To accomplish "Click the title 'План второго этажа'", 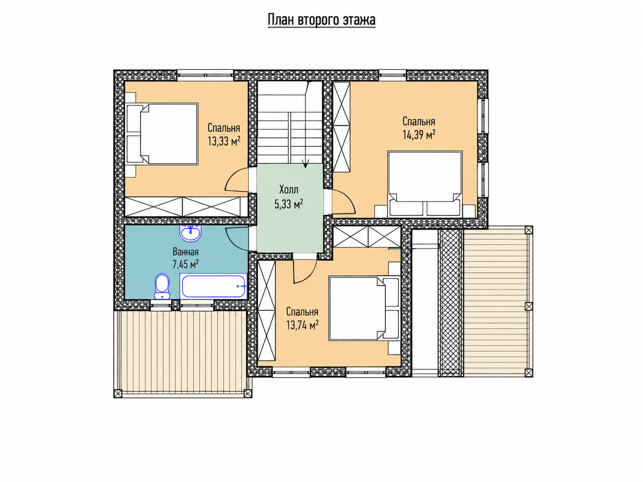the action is tap(321, 20).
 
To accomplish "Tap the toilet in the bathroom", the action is tap(162, 286).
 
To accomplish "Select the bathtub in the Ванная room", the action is tap(214, 286).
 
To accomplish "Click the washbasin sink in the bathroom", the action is tap(191, 234).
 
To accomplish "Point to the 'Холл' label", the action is tap(289, 190).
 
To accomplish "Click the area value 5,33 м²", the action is tap(289, 204).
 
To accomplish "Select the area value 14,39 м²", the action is tap(419, 134).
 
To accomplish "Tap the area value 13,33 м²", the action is tap(224, 141).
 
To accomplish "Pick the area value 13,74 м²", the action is tap(302, 325).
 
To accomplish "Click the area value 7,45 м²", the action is tap(186, 264).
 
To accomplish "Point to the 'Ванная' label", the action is tap(186, 252).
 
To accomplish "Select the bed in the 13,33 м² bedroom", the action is tap(162, 134).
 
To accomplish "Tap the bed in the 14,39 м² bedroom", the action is tap(425, 184).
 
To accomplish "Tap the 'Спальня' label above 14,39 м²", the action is tap(419, 121).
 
